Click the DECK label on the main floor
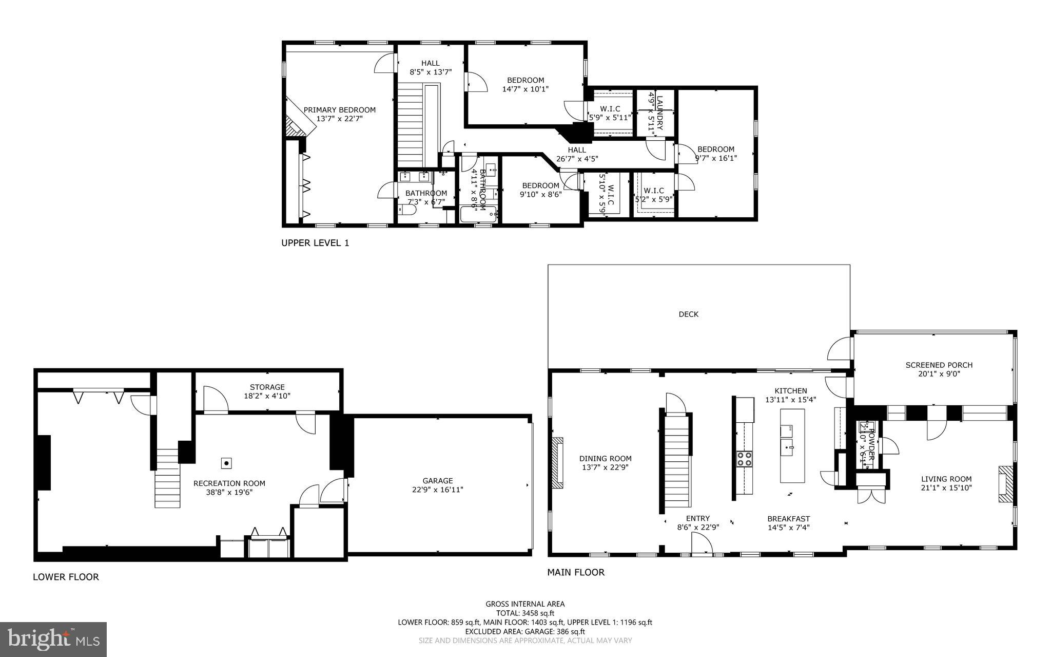688,314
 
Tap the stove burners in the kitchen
744,459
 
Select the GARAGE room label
437,481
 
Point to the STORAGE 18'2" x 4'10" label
267,391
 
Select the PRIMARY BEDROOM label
339,110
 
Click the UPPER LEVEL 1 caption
315,243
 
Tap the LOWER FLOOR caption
66,577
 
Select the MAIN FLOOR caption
575,572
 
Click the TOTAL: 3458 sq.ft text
525,613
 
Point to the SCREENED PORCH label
939,365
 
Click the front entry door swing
702,545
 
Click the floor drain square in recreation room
226,463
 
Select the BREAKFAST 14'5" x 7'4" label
788,523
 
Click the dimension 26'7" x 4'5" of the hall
577,159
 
